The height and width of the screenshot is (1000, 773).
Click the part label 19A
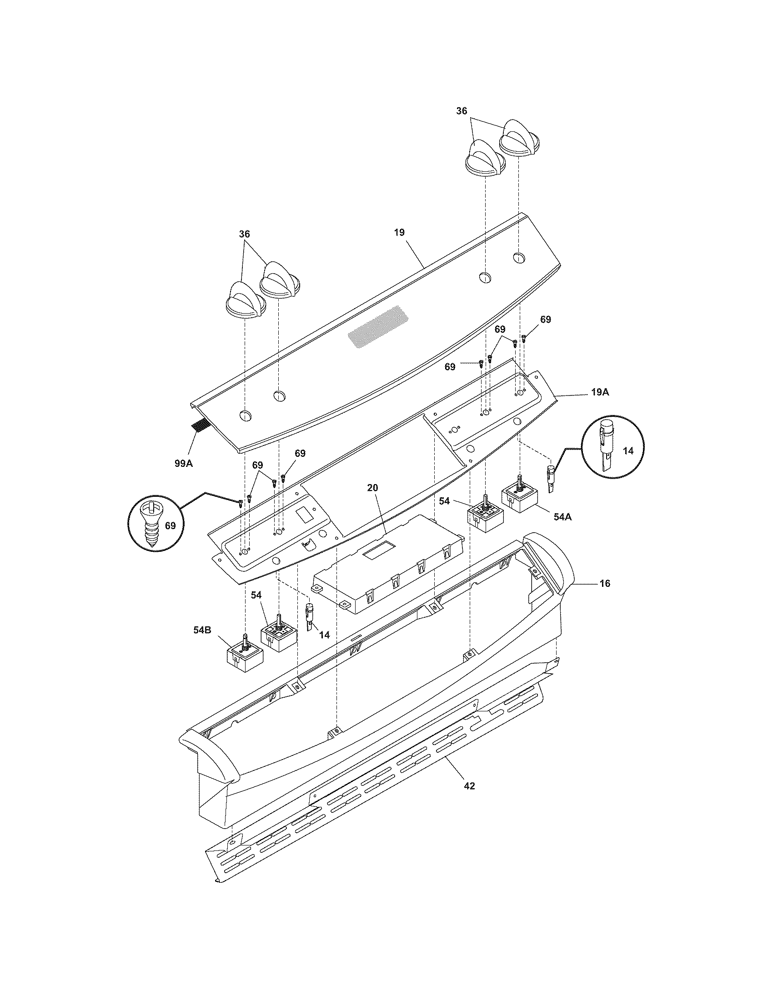[x=600, y=392]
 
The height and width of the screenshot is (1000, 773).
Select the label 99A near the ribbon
[x=184, y=463]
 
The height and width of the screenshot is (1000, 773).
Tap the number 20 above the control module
[x=373, y=488]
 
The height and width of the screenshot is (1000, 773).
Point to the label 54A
[x=562, y=516]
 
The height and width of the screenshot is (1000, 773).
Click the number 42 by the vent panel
[x=469, y=786]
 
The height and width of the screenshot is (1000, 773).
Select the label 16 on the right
[x=605, y=583]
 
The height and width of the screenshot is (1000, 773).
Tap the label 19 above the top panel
[x=399, y=232]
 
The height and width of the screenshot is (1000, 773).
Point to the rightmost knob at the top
[x=519, y=139]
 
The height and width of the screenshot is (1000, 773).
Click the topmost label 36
[x=462, y=111]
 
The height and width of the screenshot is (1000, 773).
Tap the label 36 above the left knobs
[x=245, y=234]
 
